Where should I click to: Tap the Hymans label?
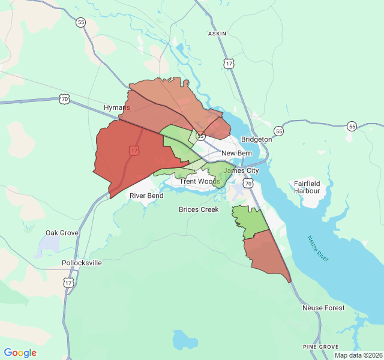coord(116,107)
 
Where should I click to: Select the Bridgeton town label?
coord(256,139)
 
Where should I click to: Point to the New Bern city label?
coord(236,154)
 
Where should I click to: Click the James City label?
coord(241,170)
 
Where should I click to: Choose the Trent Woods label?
coord(200,181)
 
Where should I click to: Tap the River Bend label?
coord(147,196)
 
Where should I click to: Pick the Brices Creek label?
coord(198,209)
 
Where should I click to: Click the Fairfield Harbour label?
coord(307,187)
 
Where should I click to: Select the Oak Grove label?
coord(62,233)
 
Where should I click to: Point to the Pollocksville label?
coord(82,263)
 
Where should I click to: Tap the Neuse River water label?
coord(318,248)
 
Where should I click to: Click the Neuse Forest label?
coord(323,308)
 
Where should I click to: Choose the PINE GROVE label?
coord(320,347)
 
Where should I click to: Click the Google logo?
coord(20,353)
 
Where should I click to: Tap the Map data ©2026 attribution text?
coord(358,355)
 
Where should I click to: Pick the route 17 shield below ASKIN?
coord(228,63)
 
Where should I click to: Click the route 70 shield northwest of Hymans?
coord(65,99)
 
